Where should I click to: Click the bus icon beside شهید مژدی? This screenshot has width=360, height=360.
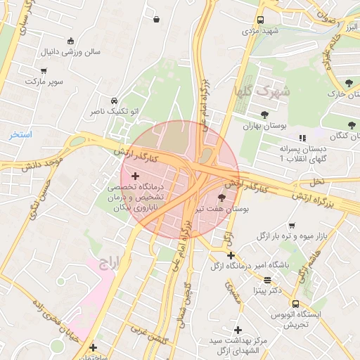(260, 20)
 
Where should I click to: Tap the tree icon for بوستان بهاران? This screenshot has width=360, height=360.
(264, 114)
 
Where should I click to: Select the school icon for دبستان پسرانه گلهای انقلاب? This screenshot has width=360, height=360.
(302, 138)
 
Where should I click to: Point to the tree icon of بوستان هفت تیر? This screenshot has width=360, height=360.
(223, 198)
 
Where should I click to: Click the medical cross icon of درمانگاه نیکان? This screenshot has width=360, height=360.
(136, 174)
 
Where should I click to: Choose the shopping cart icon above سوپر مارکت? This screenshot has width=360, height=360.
(44, 71)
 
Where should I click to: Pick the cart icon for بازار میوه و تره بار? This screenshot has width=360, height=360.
(292, 226)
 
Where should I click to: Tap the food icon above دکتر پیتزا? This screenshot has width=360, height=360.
(267, 279)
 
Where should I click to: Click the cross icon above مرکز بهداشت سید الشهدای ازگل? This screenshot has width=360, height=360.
(238, 330)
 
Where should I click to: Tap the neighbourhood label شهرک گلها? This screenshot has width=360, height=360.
(262, 91)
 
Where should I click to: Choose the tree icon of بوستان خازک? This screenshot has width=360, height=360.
(349, 84)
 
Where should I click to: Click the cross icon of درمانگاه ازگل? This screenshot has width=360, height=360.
(231, 255)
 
